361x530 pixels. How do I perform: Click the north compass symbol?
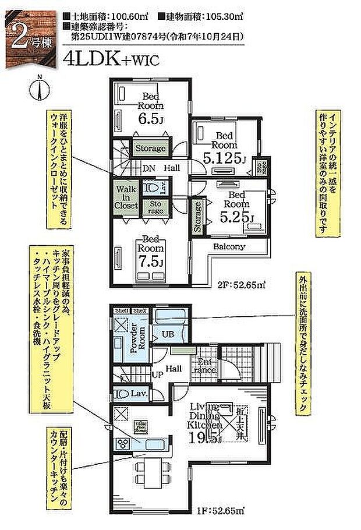[x=39, y=91]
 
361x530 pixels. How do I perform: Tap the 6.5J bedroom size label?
[x=150, y=119]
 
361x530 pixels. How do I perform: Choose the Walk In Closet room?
[x=126, y=197]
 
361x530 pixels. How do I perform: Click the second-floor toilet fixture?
[x=153, y=188]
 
